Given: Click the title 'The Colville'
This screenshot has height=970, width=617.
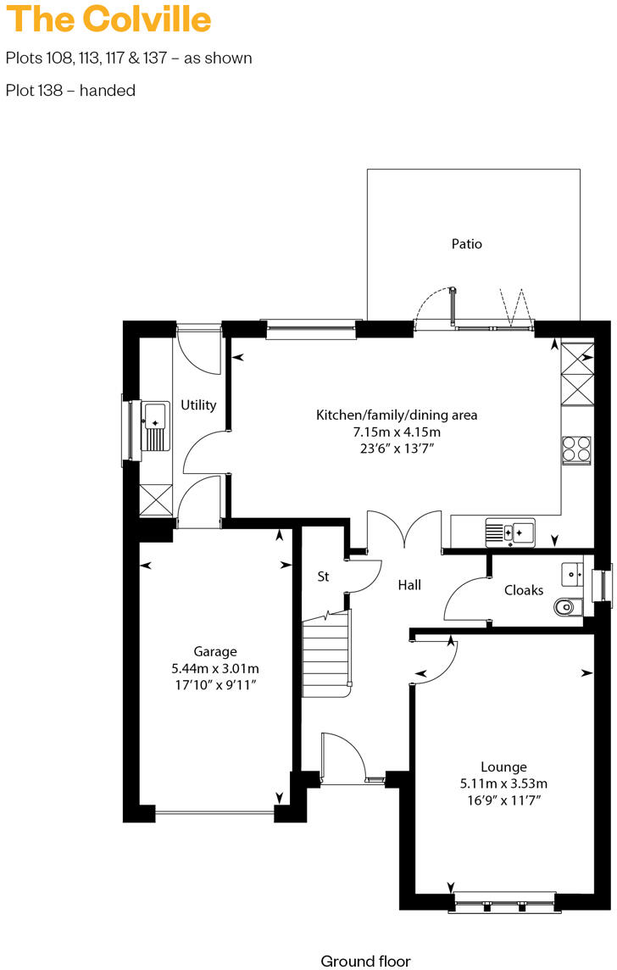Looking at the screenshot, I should point(108,19).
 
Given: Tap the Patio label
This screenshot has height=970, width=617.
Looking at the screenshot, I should point(466,244).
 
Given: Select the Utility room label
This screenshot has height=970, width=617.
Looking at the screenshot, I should point(198,405).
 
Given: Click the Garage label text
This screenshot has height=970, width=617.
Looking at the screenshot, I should point(215,651).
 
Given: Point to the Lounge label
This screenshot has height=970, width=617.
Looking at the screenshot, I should point(503,767).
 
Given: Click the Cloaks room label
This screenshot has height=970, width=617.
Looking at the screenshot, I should point(524,589).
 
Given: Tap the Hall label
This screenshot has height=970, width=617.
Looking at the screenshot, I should point(410,585).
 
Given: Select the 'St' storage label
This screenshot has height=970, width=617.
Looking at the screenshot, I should point(323,577).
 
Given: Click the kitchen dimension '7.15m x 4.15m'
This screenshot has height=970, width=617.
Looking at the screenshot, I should point(397,432).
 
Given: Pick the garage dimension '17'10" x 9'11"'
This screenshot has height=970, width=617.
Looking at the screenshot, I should point(215,683).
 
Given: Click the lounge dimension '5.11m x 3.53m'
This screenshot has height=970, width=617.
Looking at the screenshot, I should point(503,783).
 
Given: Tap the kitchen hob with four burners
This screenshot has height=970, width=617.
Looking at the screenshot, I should point(576,449).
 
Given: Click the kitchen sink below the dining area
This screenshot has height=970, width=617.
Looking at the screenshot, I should point(510,532).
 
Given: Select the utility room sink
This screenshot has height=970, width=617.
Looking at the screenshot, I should point(155,425).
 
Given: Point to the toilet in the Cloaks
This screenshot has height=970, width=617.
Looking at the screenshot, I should point(565,607).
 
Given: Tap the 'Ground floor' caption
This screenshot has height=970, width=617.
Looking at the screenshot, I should point(365,961).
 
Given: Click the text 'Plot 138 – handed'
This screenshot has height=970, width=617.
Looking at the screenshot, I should point(70,90).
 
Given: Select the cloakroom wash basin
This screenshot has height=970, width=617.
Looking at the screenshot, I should point(574,574).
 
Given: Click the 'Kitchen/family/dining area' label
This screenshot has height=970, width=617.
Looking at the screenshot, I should point(397,415).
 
